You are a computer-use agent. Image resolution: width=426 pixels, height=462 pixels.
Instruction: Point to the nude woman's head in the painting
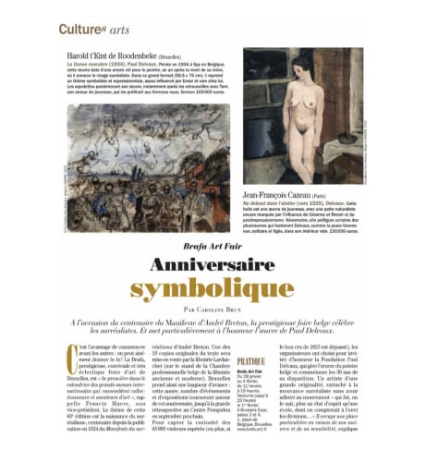coord(305,62)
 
